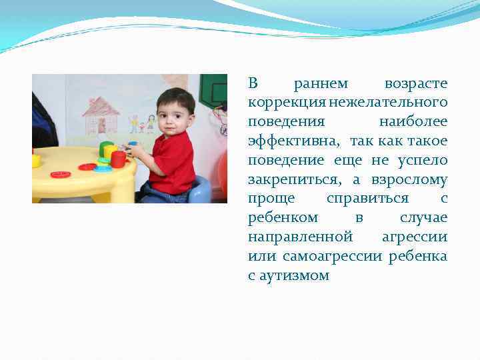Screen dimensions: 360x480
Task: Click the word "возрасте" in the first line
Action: [416, 84]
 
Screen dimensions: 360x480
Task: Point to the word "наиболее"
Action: [413, 123]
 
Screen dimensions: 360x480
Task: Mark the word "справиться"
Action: [368, 199]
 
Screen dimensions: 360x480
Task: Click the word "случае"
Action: [424, 219]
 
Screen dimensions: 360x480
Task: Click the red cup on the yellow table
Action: [118, 159]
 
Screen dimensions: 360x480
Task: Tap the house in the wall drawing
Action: [101, 116]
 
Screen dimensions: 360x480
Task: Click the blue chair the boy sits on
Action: [199, 191]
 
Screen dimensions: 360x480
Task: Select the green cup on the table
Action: [105, 148]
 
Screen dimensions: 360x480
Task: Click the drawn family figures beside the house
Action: [142, 123]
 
